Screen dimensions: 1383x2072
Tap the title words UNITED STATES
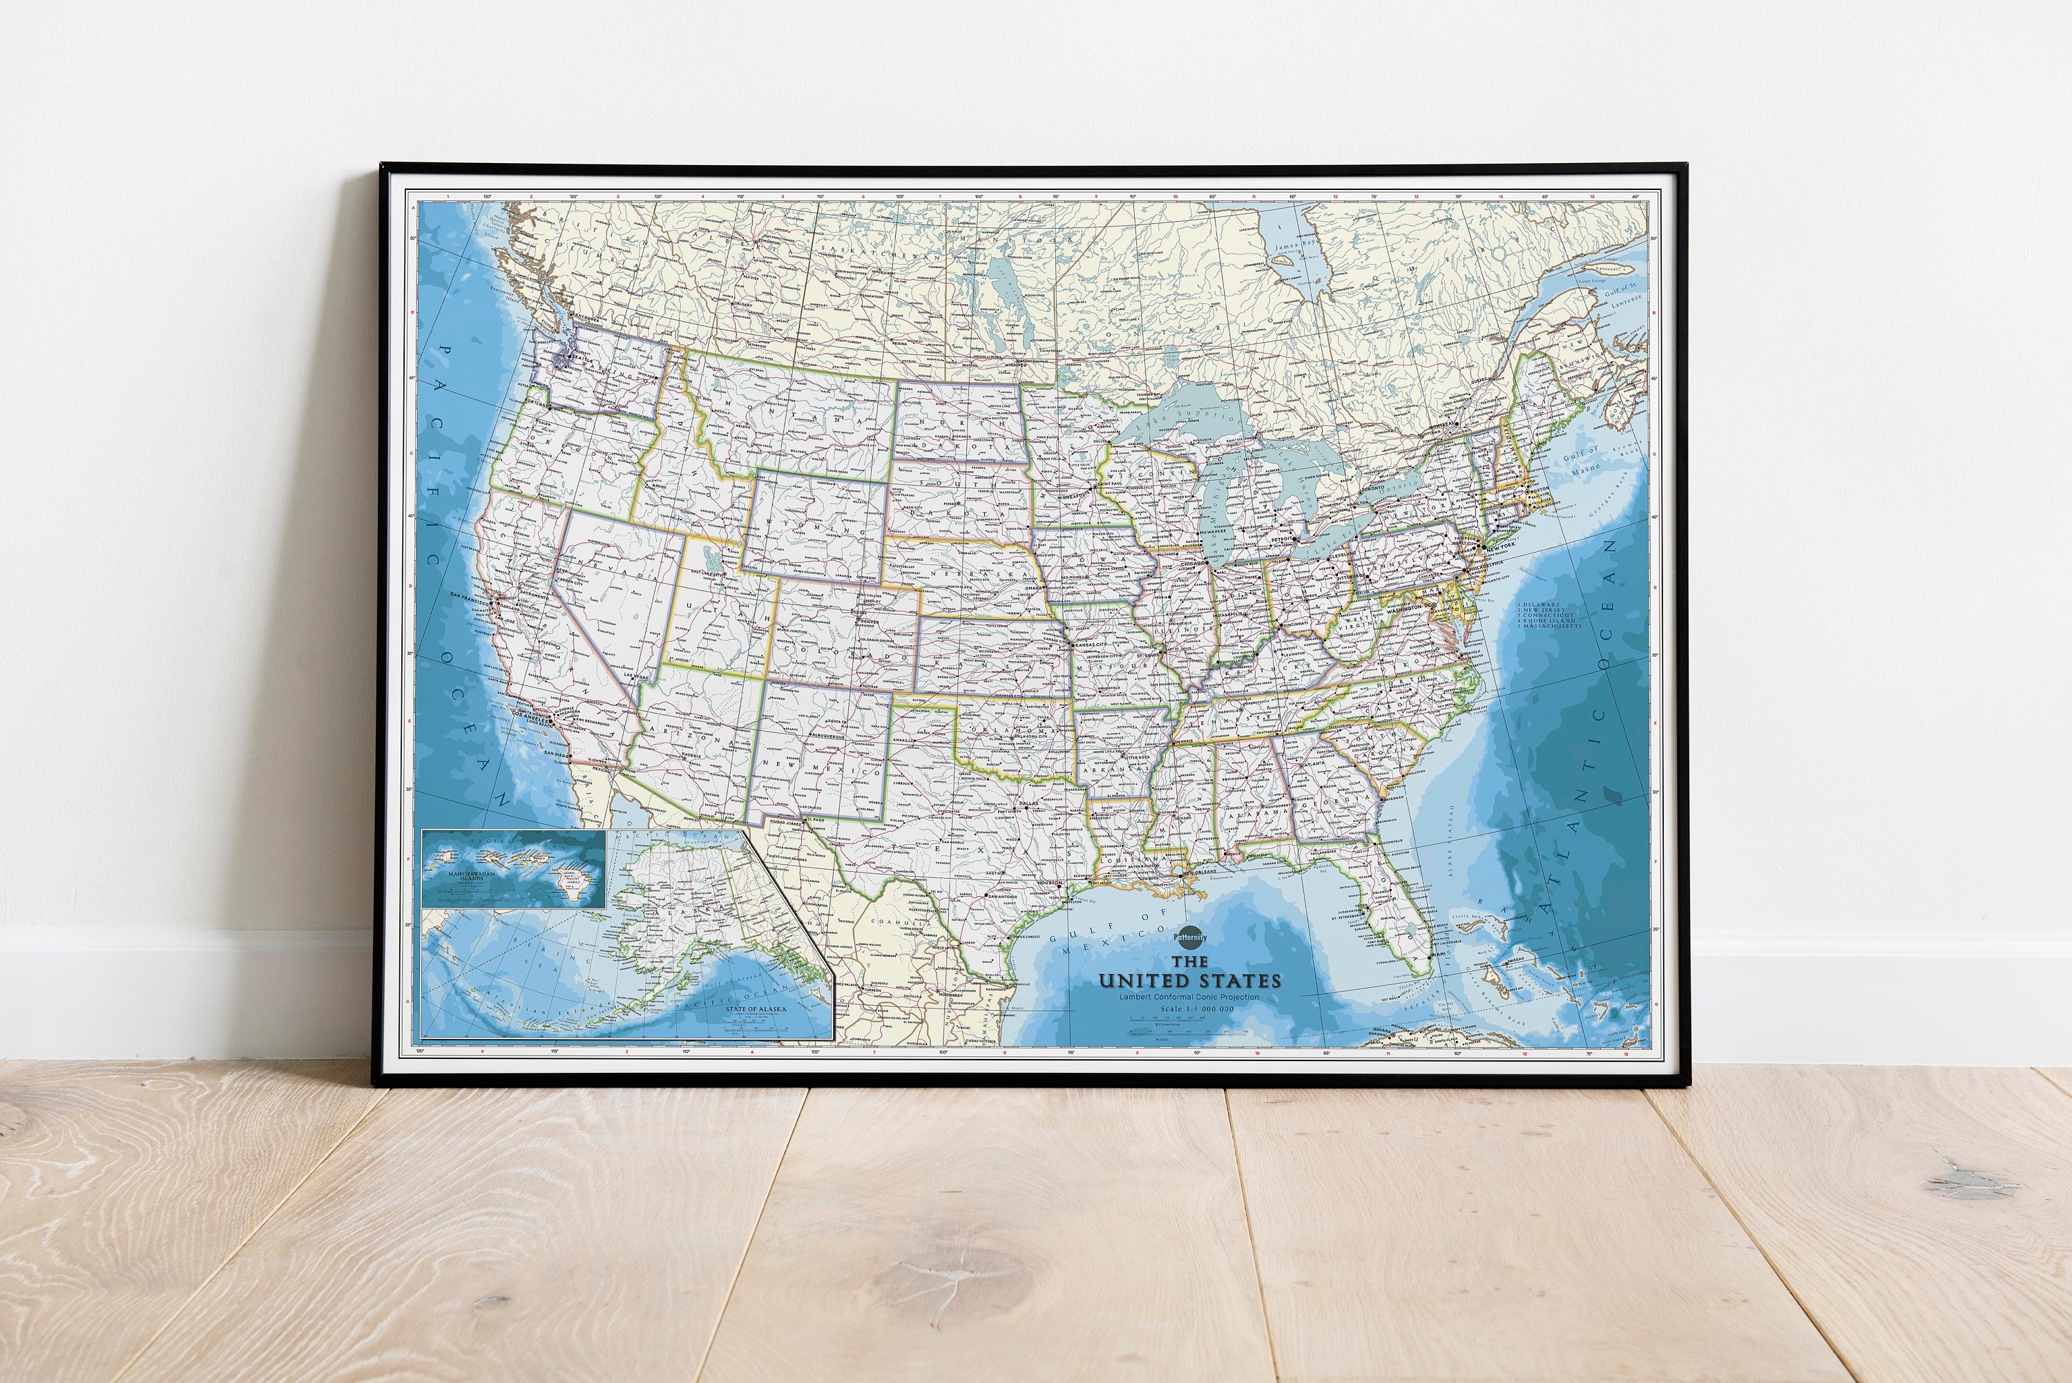1189,980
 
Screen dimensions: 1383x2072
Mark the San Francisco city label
469,596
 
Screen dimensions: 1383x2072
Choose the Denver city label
867,621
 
